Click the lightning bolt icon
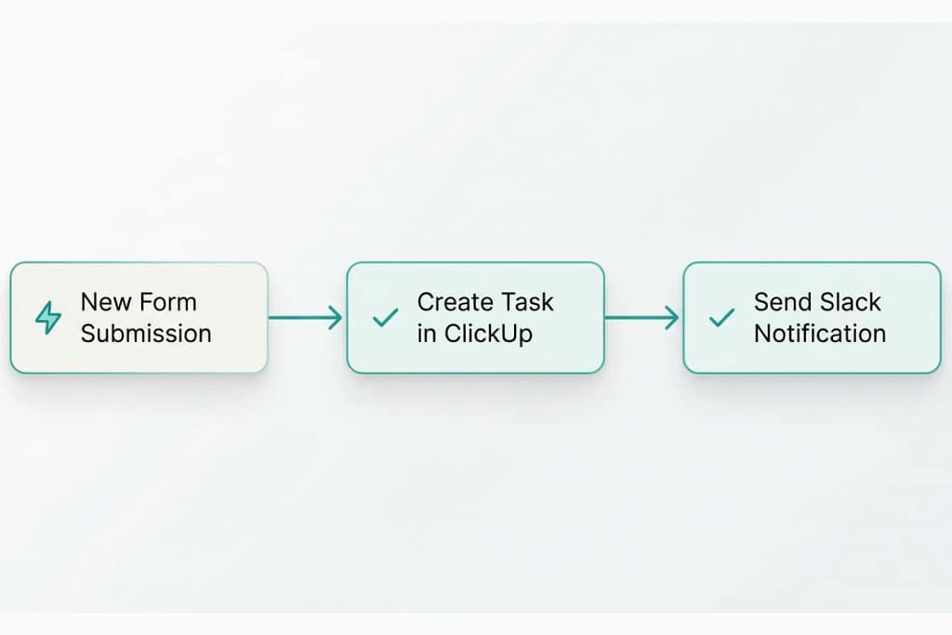(47, 318)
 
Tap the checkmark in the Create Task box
(385, 318)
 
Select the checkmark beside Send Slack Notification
(721, 318)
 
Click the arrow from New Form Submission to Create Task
(306, 318)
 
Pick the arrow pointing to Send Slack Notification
(642, 318)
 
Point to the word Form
(167, 302)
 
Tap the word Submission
(146, 334)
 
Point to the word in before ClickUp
(427, 334)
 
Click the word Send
(782, 302)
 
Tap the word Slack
(850, 302)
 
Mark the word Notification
(820, 334)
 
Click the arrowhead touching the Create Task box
(337, 318)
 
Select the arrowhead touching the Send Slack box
(673, 318)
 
